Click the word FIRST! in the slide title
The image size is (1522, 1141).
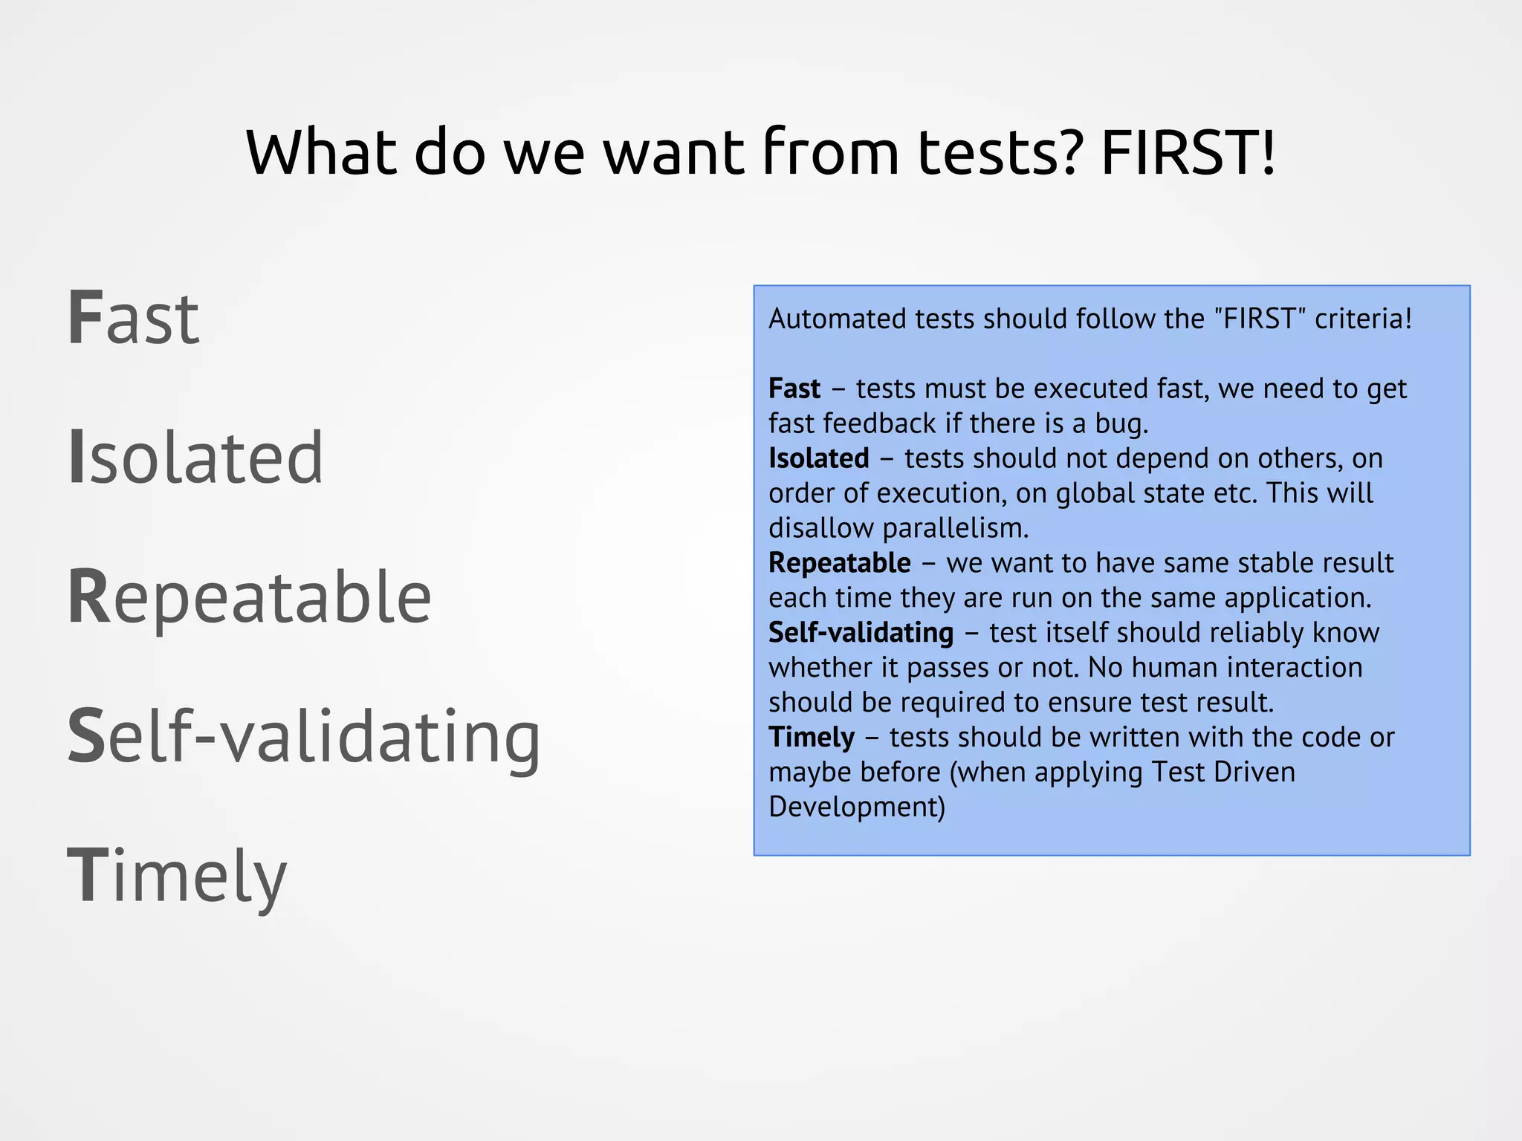(1188, 152)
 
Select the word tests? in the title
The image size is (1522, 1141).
(998, 152)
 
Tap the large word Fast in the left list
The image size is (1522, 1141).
(134, 319)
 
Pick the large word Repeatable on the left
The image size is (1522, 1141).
(250, 597)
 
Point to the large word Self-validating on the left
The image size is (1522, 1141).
(304, 737)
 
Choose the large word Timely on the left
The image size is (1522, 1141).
(177, 877)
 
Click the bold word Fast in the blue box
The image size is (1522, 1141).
(794, 389)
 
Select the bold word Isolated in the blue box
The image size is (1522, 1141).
(819, 458)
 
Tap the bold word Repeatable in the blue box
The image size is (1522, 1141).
(840, 563)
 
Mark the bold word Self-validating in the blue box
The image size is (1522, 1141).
(861, 633)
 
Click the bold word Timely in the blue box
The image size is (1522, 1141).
(812, 738)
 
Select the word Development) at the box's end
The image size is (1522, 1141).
(857, 807)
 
